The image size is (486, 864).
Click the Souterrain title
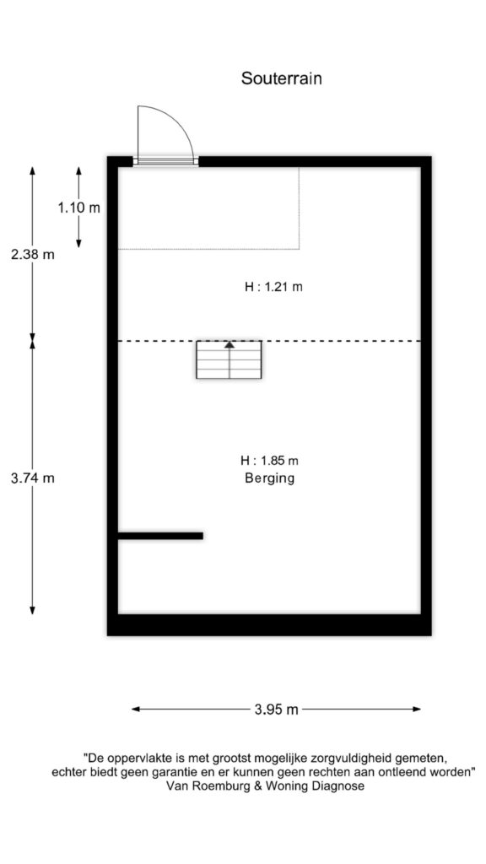pyautogui.click(x=282, y=78)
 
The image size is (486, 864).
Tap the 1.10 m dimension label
pyautogui.click(x=78, y=208)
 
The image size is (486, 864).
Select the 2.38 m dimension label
pyautogui.click(x=33, y=254)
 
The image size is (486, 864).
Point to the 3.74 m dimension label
pyautogui.click(x=33, y=478)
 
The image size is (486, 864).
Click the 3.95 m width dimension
pyautogui.click(x=276, y=710)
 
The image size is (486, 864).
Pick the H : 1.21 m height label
pyautogui.click(x=273, y=287)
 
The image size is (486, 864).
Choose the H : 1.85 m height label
pyautogui.click(x=269, y=461)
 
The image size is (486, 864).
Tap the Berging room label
pyautogui.click(x=269, y=478)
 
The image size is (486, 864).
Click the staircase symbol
pyautogui.click(x=229, y=360)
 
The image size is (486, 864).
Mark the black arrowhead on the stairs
pyautogui.click(x=229, y=344)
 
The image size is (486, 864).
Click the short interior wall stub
pyautogui.click(x=160, y=535)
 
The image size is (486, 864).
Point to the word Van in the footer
pyautogui.click(x=181, y=786)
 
